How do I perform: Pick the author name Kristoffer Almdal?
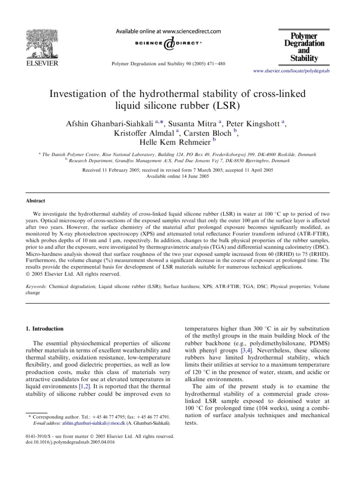coord(148,133)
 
